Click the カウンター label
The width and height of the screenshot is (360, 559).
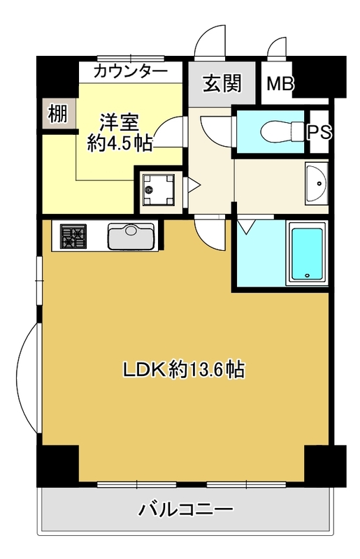131,72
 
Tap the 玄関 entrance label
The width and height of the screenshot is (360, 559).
222,83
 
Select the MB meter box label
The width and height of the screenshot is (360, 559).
280,84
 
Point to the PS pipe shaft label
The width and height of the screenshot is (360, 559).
319,132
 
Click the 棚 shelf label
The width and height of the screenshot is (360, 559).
58,114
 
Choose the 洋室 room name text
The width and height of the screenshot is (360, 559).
119,123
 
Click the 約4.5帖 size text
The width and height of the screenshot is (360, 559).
120,143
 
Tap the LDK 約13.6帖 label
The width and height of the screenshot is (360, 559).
183,370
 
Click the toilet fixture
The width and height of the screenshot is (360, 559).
282,131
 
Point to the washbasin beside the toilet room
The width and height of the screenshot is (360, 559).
317,183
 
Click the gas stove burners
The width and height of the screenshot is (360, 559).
73,236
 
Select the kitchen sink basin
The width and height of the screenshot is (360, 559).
131,236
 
